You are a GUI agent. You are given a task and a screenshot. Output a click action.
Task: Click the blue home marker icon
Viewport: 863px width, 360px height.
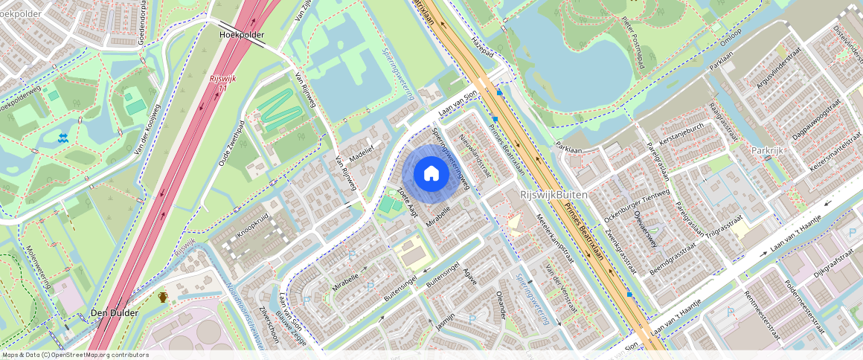431,174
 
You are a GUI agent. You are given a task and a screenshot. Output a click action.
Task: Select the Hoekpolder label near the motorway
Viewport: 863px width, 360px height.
242,34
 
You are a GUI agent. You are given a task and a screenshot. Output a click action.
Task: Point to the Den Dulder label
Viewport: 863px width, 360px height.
114,313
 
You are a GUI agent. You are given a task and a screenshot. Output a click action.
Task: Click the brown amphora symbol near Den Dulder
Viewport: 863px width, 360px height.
163,297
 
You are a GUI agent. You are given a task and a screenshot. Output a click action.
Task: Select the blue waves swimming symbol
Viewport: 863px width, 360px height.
63,138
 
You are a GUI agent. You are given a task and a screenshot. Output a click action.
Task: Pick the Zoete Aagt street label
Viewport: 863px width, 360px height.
408,202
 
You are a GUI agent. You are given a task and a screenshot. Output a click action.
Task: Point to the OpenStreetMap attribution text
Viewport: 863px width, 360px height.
74,355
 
